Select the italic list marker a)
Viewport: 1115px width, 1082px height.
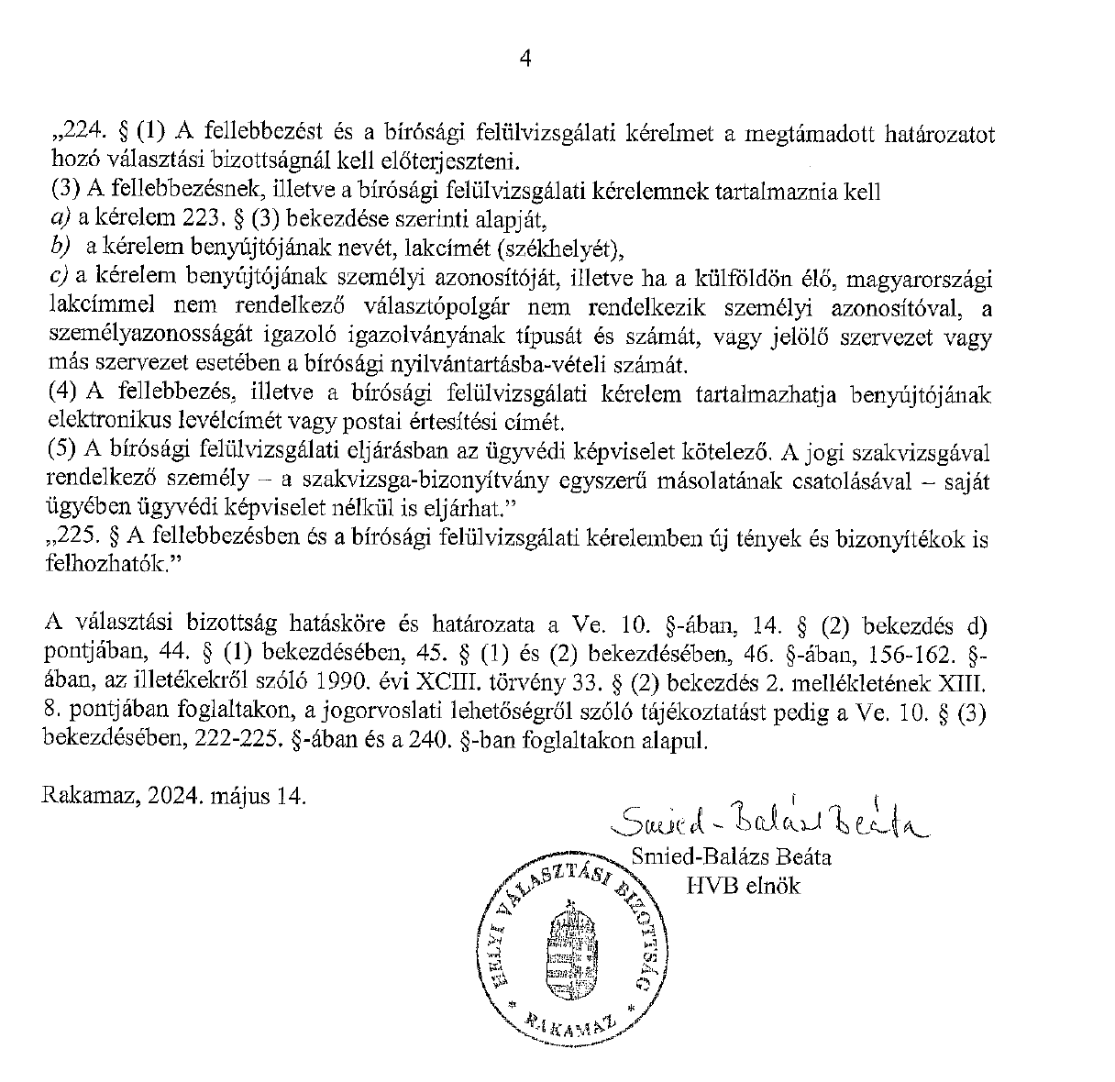pyautogui.click(x=59, y=219)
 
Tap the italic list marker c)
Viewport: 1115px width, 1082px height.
pyautogui.click(x=59, y=278)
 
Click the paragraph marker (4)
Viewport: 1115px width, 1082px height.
pyautogui.click(x=63, y=394)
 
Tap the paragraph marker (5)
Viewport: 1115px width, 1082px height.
pyautogui.click(x=63, y=452)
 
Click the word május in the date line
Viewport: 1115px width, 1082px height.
pyautogui.click(x=237, y=795)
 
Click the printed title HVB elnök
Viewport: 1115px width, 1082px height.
pyautogui.click(x=743, y=886)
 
